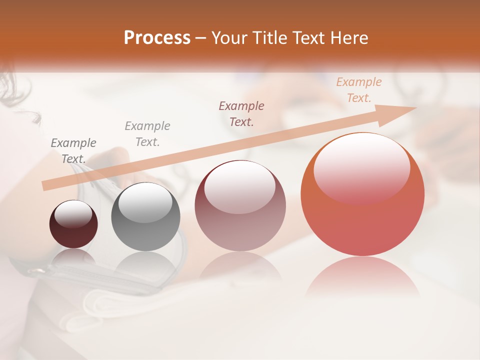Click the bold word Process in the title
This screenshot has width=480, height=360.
point(157,37)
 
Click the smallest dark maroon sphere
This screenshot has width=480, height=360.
point(73,224)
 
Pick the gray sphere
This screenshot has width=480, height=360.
point(145,216)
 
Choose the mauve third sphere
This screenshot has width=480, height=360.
point(240,205)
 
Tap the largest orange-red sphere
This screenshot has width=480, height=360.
point(362,194)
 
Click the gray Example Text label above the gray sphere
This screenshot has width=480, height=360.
point(147,133)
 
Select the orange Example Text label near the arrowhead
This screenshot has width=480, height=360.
point(359,90)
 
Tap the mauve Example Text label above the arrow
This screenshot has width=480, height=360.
point(241,113)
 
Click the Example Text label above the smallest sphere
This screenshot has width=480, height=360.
point(73,150)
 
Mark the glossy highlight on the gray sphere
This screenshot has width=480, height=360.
point(145,202)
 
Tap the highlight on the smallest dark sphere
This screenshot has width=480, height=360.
point(73,214)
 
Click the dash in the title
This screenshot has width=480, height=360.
point(201,37)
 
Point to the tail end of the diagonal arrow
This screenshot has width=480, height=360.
point(45,185)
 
